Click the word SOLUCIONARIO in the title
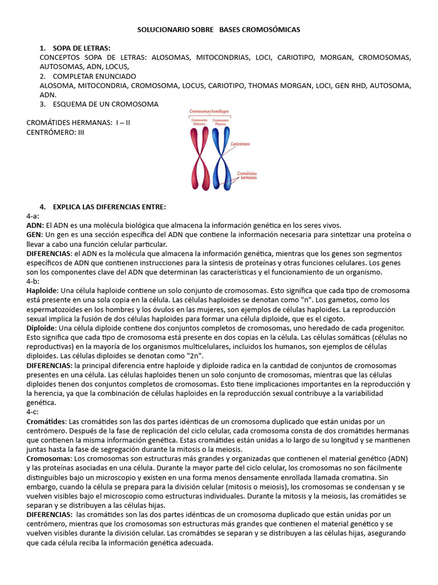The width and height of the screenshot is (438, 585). click(165, 29)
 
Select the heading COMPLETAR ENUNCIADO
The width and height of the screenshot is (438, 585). click(94, 76)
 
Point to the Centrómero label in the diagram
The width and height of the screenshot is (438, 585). click(241, 145)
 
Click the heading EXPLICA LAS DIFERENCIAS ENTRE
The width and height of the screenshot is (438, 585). click(109, 206)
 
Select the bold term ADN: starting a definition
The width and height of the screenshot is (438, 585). click(35, 225)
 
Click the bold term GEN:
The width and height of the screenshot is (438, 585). click(35, 235)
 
